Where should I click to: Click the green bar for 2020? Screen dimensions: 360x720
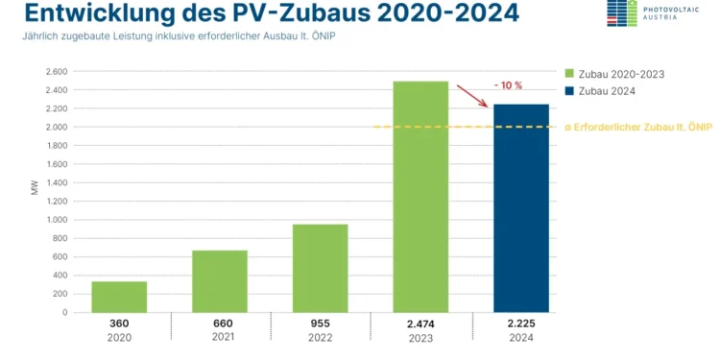(x=119, y=297)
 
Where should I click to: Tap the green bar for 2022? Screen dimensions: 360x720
(x=320, y=268)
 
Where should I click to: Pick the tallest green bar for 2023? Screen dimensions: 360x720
(x=420, y=197)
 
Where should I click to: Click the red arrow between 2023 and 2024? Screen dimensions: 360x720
(x=471, y=96)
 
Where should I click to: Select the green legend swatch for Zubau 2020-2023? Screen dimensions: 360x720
(x=569, y=72)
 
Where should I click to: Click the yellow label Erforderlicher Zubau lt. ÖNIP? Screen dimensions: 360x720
(x=639, y=127)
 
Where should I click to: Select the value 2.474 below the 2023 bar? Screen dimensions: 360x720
(x=420, y=324)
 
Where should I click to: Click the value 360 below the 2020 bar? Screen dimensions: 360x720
(x=119, y=324)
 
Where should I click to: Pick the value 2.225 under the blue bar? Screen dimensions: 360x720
(x=521, y=324)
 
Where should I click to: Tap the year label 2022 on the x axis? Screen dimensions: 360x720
(x=320, y=338)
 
